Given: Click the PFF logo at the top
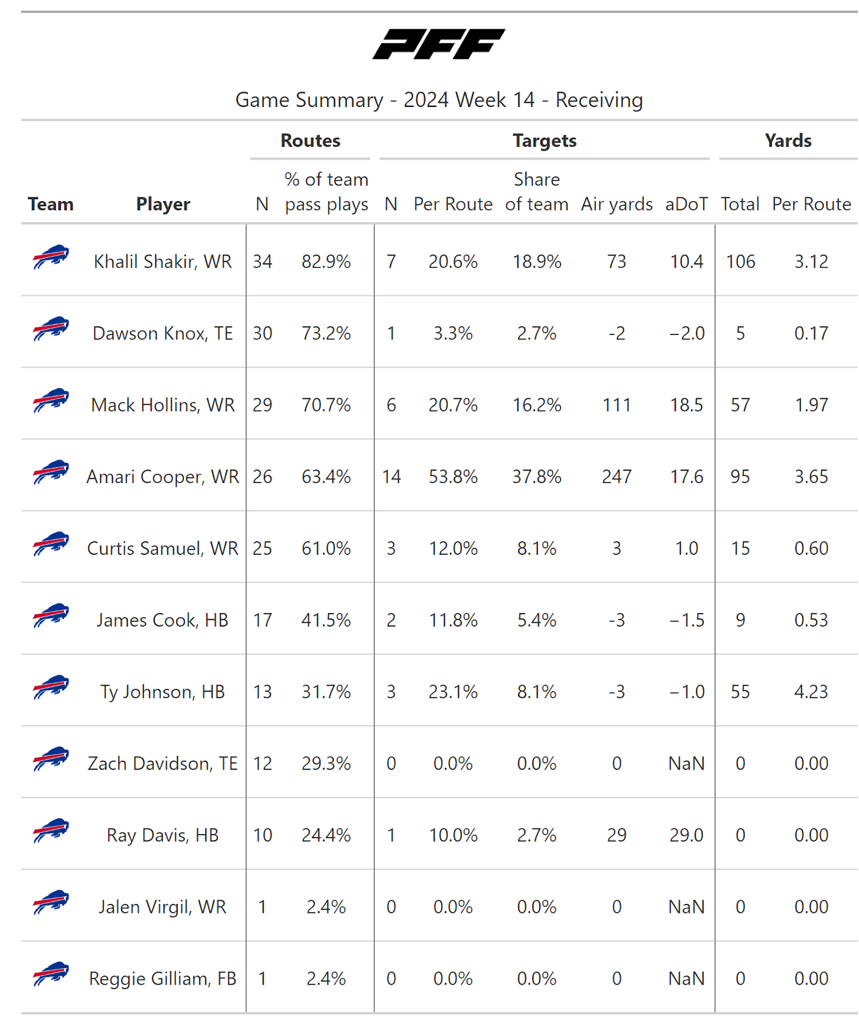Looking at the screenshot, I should pos(439,44).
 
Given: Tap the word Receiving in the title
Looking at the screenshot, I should pos(599,100).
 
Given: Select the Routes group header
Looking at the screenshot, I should pos(311,141).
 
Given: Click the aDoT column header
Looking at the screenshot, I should pos(687,204).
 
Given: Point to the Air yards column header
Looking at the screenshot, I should pos(617,204).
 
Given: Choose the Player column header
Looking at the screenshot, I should pos(163,204).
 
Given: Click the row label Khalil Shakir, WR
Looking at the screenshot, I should pos(163,261).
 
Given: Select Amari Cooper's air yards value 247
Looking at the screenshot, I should pos(617,477).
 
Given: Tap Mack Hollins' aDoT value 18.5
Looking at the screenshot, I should pos(687,405).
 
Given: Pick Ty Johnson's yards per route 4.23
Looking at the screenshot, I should pos(811,692).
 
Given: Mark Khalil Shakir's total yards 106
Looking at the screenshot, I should pos(740,261).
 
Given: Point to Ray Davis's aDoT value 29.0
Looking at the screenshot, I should pos(687,835).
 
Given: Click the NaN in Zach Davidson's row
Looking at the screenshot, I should pos(687,764).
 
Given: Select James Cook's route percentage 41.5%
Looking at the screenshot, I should pos(326,620).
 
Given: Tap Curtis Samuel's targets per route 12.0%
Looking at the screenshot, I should pos(453,548).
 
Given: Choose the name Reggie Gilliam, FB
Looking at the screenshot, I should pos(163,979).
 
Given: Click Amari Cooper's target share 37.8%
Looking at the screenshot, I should pos(537,477).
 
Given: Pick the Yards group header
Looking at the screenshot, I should pos(788,141).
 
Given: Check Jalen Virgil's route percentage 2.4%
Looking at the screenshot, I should pos(326,907).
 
